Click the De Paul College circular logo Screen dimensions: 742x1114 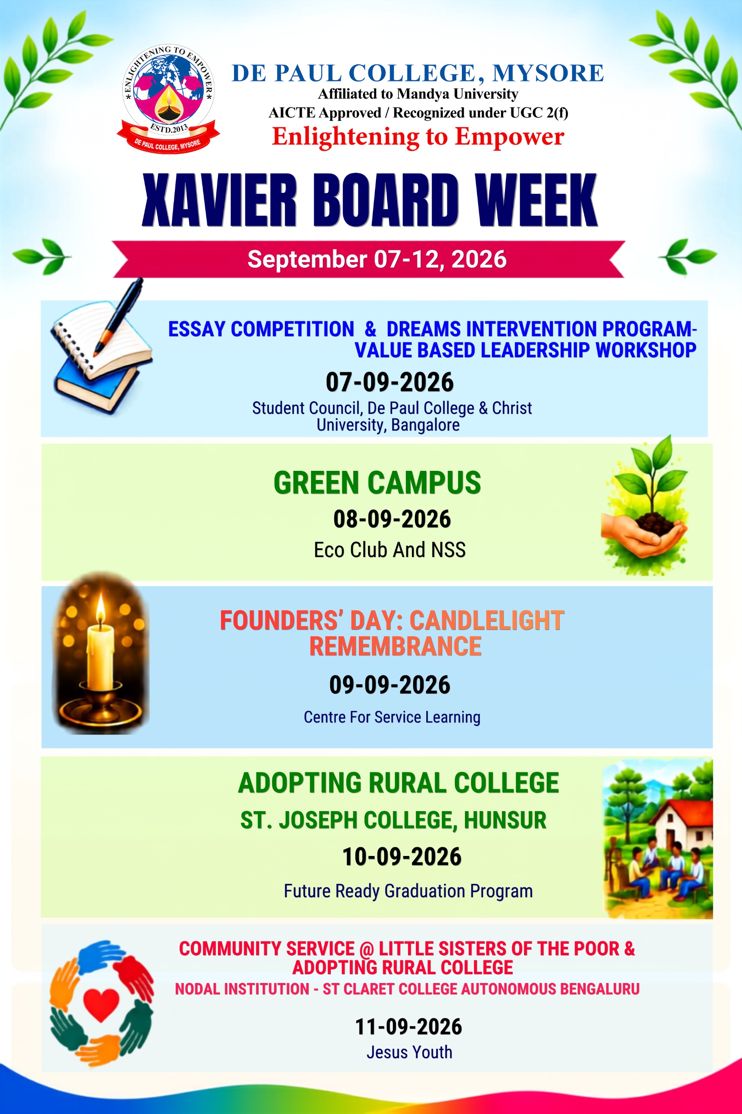168,99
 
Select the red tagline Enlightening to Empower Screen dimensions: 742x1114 418,136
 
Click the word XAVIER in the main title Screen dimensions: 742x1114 219,200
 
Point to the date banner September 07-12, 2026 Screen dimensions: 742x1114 377,259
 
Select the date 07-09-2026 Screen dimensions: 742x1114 389,382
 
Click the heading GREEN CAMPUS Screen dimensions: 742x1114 377,483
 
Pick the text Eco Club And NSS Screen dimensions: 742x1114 389,550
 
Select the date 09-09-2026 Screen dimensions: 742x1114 389,685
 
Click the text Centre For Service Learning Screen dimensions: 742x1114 392,717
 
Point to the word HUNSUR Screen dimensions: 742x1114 505,820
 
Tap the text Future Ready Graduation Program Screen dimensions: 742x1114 408,891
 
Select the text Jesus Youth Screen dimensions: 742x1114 409,1052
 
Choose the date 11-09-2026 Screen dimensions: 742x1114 408,1027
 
